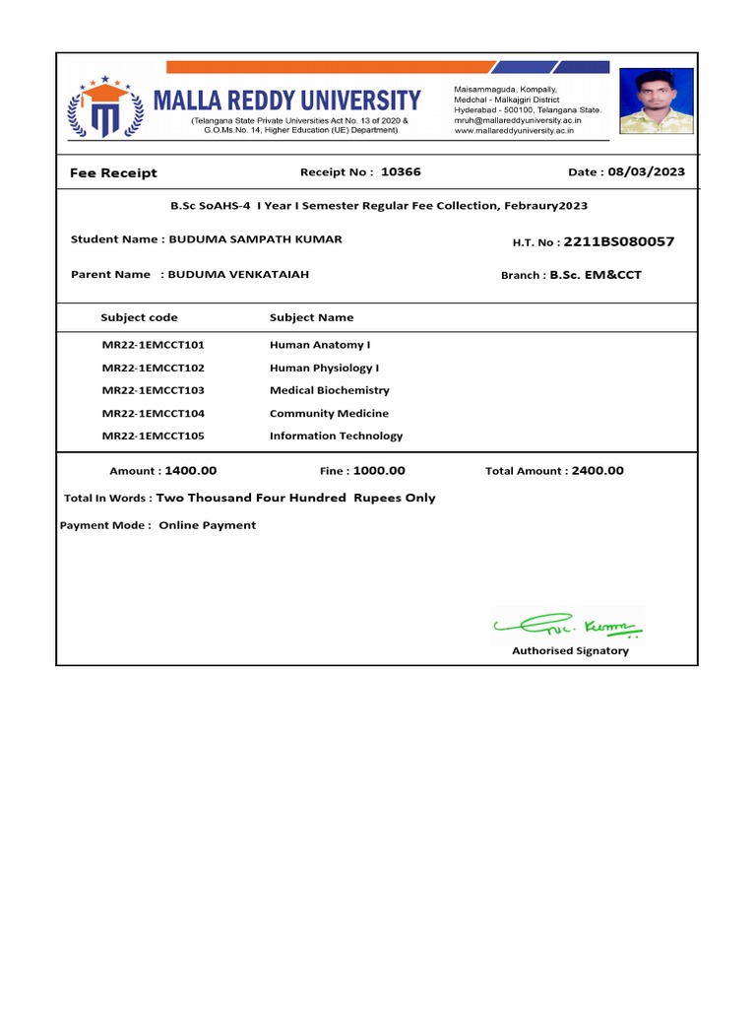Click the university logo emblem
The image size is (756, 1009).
coord(105,107)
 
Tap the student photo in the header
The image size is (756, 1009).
coord(656,101)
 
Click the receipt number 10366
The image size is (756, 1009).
coord(401,171)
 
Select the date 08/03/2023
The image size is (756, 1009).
coord(646,171)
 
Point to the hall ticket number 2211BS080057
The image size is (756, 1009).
coord(619,241)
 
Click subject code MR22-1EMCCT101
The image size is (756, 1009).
coord(153,345)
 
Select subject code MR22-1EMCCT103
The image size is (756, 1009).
coord(153,390)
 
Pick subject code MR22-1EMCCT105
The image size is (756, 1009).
coord(153,436)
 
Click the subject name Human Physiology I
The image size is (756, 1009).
coord(324,368)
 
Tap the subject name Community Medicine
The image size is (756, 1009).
coord(329,413)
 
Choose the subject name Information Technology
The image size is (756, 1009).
coord(336,436)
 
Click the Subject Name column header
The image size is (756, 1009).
coord(311,317)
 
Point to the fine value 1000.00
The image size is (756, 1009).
coord(379,471)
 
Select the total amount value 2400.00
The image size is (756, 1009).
coord(598,471)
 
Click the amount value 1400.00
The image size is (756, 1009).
coord(191,471)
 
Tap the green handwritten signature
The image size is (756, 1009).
coord(569,623)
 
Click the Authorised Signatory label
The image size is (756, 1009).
coord(570,650)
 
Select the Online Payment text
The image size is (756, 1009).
coord(207,525)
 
